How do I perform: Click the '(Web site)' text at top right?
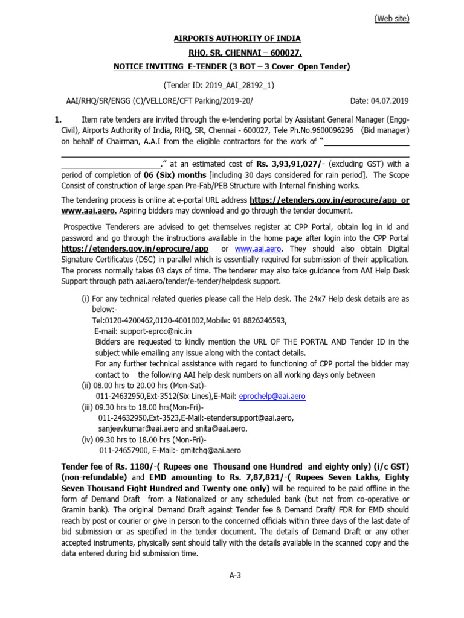click(391, 19)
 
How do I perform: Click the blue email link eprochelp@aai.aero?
click(272, 397)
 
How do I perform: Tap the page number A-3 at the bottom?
click(235, 575)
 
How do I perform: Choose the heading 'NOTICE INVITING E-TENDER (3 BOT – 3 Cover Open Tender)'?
click(232, 66)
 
